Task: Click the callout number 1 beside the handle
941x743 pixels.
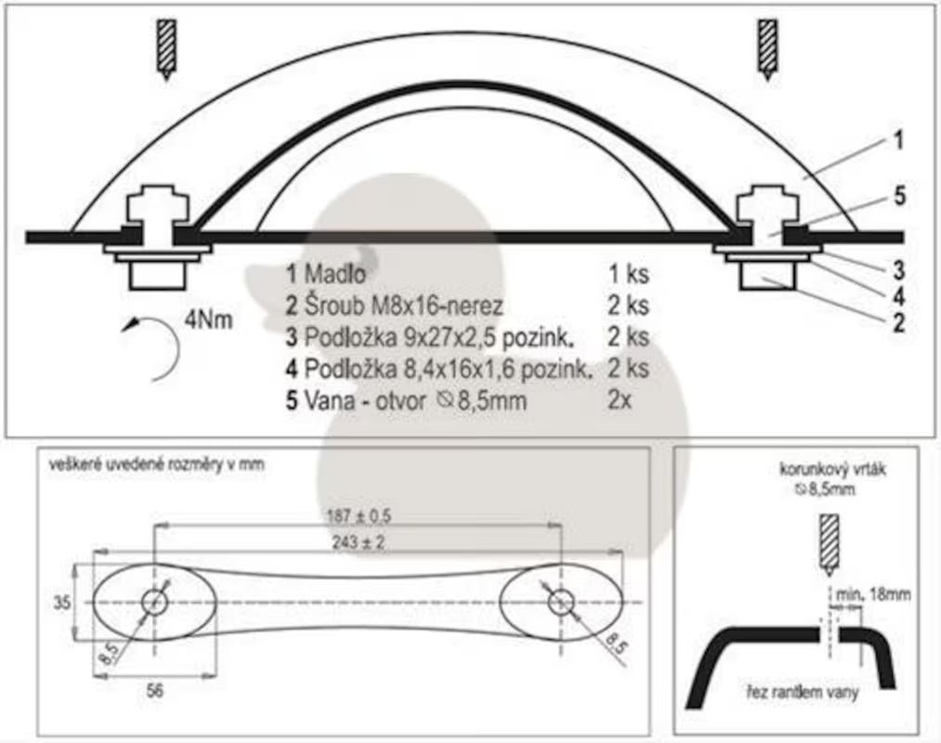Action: point(897,140)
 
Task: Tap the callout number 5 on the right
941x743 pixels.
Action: point(899,196)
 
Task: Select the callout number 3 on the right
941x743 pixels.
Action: point(897,270)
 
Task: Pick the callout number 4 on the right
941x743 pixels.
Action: point(898,296)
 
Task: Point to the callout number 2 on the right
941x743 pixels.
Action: point(898,323)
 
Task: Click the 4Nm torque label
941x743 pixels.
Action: point(208,319)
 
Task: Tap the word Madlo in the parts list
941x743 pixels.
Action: point(334,274)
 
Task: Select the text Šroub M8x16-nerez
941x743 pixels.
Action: point(402,306)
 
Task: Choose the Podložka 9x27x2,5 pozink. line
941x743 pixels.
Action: point(438,337)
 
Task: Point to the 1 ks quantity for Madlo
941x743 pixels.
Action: point(628,274)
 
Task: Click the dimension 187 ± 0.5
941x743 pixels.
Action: point(359,516)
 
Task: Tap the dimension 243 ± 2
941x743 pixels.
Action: point(359,542)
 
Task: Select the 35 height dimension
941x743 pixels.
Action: point(62,602)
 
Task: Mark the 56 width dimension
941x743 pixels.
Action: point(155,691)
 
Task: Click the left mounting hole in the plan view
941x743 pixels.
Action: point(155,602)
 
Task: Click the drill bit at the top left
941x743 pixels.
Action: point(166,49)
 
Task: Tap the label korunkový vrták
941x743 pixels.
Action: point(832,469)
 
